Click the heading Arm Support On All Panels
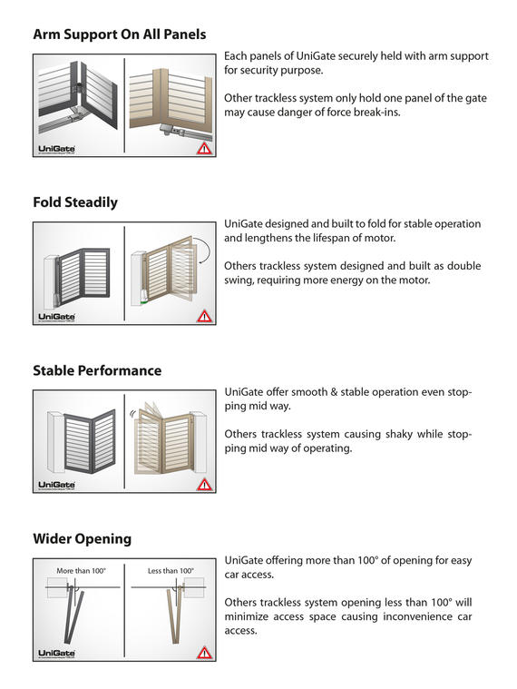[120, 34]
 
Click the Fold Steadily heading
[75, 202]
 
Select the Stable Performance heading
[97, 370]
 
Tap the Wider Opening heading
[82, 538]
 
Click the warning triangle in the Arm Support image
[204, 149]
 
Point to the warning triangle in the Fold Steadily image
[204, 317]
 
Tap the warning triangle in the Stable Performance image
[204, 484]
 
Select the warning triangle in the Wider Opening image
[204, 653]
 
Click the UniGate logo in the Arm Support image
[56, 150]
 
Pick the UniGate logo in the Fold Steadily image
[56, 317]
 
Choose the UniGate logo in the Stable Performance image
[56, 485]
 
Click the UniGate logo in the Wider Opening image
[56, 654]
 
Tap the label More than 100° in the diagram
[82, 571]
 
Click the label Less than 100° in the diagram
[171, 571]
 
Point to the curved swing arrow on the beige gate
[205, 248]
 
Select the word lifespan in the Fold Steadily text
[332, 238]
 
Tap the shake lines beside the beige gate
[132, 413]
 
